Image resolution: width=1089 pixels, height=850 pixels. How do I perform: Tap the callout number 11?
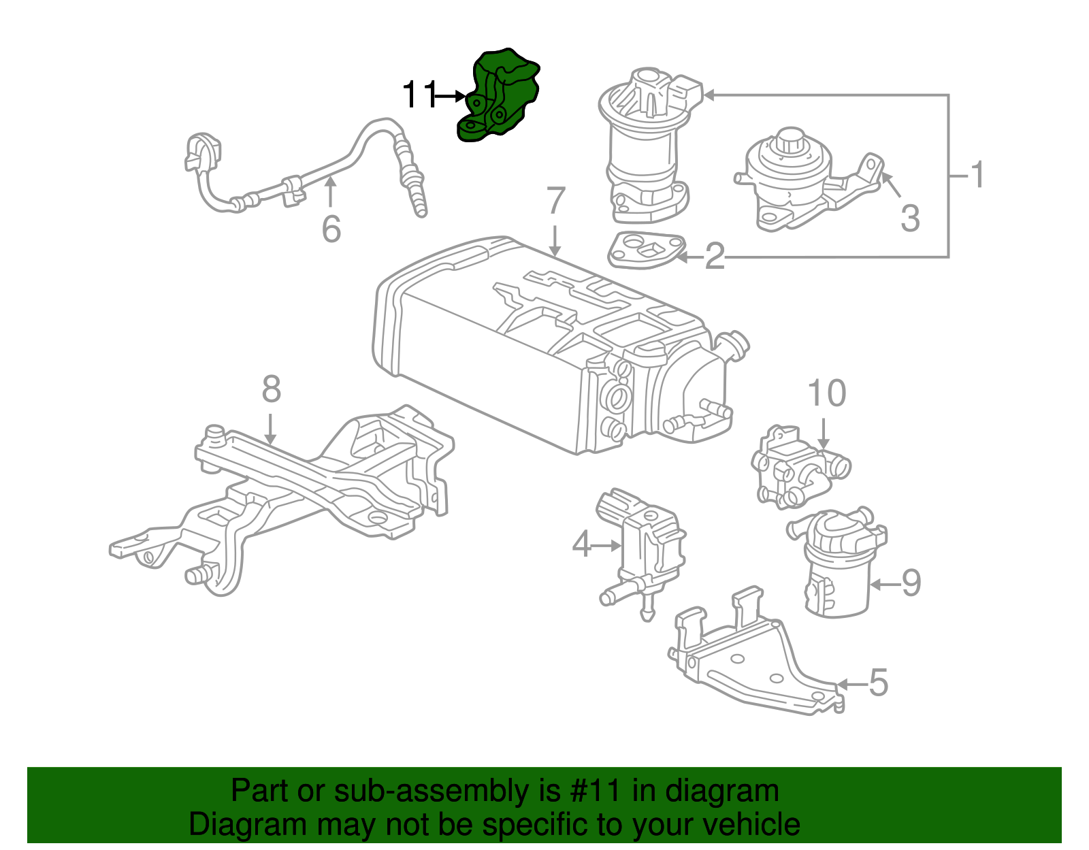419,95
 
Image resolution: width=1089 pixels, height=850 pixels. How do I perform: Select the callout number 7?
556,201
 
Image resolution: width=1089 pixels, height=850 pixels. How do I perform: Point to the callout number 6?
331,229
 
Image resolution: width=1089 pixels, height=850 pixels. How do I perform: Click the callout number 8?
271,390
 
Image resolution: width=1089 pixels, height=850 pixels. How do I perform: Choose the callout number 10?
826,394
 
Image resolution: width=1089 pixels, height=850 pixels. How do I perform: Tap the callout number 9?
911,583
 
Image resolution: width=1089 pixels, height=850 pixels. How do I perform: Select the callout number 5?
879,683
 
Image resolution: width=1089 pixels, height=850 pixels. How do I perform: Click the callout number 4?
581,544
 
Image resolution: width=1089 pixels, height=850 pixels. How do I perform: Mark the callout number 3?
910,219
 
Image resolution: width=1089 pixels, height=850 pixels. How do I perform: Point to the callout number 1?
977,176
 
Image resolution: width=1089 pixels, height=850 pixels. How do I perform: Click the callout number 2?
715,257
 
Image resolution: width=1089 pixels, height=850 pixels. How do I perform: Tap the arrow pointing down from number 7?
555,241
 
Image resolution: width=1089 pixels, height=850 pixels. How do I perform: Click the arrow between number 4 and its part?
606,545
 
